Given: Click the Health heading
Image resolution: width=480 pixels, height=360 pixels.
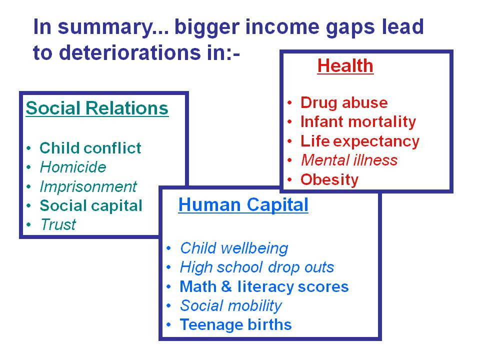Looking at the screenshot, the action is tap(345, 65).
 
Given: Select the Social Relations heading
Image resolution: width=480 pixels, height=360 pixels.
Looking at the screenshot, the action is tap(97, 108).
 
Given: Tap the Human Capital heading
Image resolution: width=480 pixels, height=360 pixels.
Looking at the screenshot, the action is tap(243, 204).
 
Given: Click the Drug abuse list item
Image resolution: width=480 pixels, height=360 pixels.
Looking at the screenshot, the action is tap(344, 103).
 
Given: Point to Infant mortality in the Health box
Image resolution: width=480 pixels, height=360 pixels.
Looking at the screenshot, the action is tap(358, 122).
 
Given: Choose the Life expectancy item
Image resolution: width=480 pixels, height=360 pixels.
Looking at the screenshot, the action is tap(360, 141).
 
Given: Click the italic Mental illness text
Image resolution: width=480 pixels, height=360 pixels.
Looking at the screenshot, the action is tap(349, 160).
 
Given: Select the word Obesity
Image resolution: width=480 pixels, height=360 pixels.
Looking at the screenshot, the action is tap(329, 179).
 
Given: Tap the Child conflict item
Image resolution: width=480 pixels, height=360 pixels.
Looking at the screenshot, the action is tap(90, 148).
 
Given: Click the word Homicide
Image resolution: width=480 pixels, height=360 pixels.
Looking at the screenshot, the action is tap(73, 167).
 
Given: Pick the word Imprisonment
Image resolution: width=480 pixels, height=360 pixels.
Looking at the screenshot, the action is tap(88, 186).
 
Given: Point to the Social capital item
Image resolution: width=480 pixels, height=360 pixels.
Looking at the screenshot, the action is tap(91, 205).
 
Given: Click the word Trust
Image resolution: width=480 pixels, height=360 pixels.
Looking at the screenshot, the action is tap(58, 224).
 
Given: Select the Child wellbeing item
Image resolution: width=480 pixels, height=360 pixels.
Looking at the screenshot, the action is tap(234, 248).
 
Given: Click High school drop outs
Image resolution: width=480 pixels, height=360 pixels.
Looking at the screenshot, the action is tap(257, 267).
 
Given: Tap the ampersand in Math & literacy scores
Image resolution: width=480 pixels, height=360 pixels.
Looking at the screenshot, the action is tap(226, 286).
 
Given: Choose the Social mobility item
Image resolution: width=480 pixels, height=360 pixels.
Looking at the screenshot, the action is tap(231, 306).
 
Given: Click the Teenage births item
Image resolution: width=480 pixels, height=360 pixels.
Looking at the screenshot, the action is tap(235, 324).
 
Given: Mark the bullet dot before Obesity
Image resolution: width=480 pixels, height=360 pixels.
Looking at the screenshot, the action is tap(289, 179).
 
